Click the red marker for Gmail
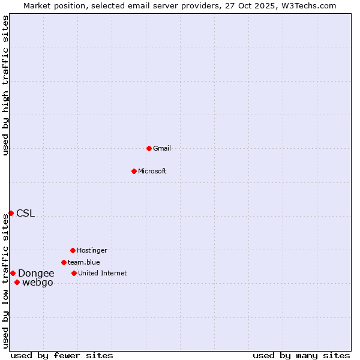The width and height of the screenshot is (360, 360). tap(149, 148)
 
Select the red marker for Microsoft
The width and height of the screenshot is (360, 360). tap(134, 171)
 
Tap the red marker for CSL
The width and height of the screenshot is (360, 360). tap(11, 213)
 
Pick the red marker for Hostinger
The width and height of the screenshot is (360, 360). tap(73, 250)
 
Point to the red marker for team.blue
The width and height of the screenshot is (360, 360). tap(64, 262)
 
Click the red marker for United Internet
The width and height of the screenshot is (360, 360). tap(74, 273)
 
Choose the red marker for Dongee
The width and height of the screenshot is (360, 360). tap(13, 273)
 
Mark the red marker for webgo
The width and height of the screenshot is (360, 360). tap(17, 282)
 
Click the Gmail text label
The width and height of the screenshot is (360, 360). tap(162, 148)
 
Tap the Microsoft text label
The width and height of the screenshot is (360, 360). tap(152, 171)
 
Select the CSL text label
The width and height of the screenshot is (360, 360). tap(26, 213)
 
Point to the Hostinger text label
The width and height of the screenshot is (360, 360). tap(92, 250)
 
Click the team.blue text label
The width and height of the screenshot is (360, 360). tap(84, 262)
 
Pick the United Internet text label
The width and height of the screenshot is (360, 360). tap(103, 273)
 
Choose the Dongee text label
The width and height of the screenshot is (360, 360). tap(36, 273)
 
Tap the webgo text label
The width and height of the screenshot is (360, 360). tap(38, 282)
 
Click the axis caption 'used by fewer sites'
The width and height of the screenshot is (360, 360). tap(62, 355)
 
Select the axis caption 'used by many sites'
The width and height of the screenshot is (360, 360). tap(301, 355)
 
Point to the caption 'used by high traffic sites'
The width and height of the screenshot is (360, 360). tap(5, 85)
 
